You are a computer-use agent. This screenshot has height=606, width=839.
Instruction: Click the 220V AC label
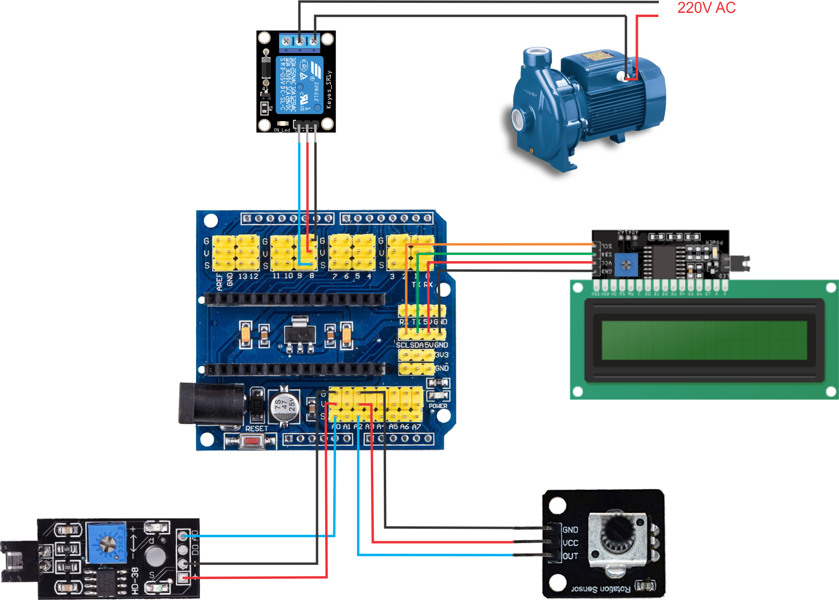click(706, 8)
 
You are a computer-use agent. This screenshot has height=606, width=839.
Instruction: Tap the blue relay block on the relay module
click(299, 85)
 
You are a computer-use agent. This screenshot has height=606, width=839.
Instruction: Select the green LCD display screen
click(704, 340)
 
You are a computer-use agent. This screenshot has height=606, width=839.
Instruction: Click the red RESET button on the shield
click(251, 442)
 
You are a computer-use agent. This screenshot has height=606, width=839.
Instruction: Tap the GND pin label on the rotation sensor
click(570, 530)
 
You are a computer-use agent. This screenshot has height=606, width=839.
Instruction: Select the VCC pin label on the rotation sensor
click(570, 543)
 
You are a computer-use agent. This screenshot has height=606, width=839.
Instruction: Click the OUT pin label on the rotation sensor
click(570, 556)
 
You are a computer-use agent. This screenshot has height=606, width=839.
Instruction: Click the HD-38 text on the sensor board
click(135, 581)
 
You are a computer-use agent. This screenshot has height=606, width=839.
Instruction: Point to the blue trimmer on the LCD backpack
click(625, 265)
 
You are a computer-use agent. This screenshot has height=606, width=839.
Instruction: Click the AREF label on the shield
click(219, 281)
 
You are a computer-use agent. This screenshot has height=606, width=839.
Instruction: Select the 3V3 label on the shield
click(441, 355)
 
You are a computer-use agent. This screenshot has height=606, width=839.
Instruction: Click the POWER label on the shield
click(438, 406)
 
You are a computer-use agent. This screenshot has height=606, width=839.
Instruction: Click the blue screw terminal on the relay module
click(299, 41)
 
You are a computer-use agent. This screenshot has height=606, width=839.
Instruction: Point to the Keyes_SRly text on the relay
click(328, 90)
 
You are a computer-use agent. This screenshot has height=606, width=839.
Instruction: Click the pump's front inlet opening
click(518, 117)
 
